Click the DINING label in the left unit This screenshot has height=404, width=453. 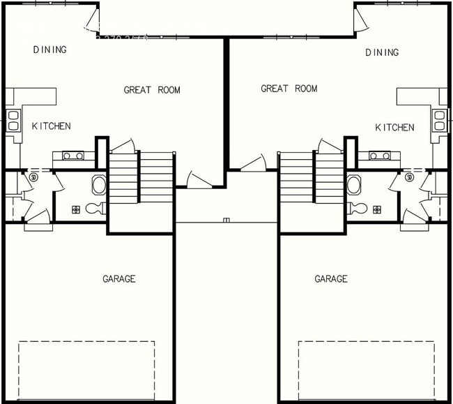pos(49,50)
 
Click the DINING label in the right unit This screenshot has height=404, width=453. pos(381,52)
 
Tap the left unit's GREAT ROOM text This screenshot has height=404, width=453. pos(152,90)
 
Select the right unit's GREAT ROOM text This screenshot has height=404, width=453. pos(289,89)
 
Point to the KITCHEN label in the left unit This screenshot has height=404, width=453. pos(51,126)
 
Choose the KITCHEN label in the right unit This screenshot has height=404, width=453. pos(394,128)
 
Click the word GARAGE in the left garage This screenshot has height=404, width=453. pos(119,279)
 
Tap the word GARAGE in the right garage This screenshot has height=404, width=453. pos(330,279)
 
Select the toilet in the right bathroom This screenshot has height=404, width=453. pos(358,208)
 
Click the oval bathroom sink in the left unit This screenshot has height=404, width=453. pos(99,185)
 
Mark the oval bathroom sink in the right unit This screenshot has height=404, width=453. pos(353,185)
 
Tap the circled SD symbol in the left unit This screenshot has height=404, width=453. pos(33,178)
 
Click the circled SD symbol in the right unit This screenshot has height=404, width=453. pos(410,178)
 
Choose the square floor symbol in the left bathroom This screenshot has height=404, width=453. pos(75,209)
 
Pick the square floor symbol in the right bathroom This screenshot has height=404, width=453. pos(377,209)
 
